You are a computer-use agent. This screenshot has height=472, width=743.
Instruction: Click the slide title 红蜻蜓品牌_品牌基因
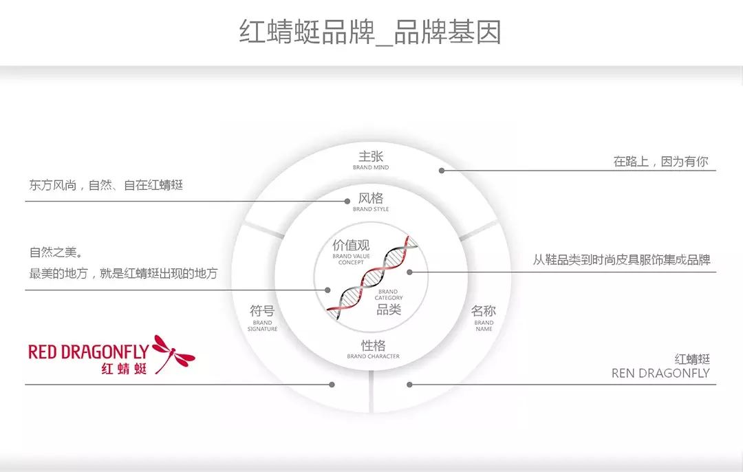click(370, 32)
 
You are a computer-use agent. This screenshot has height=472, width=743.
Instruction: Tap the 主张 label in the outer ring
click(371, 157)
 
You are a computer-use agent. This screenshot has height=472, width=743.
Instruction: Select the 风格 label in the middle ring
click(371, 198)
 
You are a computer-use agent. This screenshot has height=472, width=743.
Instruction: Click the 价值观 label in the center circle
click(351, 246)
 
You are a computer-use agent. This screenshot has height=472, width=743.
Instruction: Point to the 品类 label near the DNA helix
click(389, 310)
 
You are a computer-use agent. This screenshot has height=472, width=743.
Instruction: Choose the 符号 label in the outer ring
click(262, 311)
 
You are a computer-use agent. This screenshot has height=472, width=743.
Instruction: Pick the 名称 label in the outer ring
click(484, 311)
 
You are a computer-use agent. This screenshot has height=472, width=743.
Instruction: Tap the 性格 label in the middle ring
click(373, 345)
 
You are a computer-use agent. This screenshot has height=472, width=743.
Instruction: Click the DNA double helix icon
click(372, 277)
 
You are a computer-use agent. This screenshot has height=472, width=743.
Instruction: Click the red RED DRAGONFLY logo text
click(88, 352)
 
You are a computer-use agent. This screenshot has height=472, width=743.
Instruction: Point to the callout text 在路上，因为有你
click(660, 162)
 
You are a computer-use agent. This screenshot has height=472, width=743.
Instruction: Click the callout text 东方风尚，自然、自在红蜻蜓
click(106, 185)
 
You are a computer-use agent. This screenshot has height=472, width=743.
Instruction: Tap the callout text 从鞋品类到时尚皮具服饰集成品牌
click(621, 260)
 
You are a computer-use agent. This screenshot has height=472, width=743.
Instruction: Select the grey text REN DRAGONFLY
click(660, 374)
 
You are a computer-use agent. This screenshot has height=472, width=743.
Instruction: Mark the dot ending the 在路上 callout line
click(442, 171)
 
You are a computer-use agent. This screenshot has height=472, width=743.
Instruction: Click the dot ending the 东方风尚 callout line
click(348, 202)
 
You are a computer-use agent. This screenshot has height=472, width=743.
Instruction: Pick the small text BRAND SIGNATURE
click(262, 326)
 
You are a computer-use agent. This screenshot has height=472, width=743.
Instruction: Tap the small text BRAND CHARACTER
click(373, 356)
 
